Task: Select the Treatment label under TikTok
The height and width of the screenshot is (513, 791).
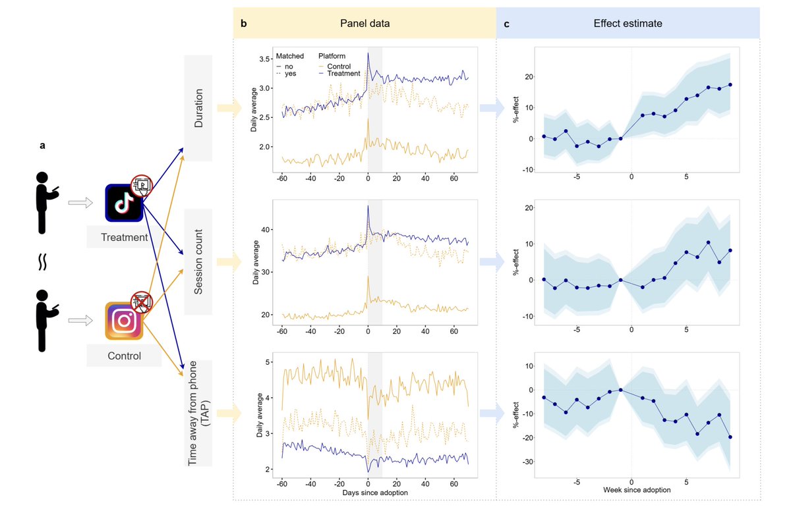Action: pos(124,236)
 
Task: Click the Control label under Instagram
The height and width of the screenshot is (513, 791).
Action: pos(124,356)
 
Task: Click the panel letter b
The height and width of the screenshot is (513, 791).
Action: pos(244,24)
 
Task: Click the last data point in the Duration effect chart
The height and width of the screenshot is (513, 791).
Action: pos(730,85)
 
